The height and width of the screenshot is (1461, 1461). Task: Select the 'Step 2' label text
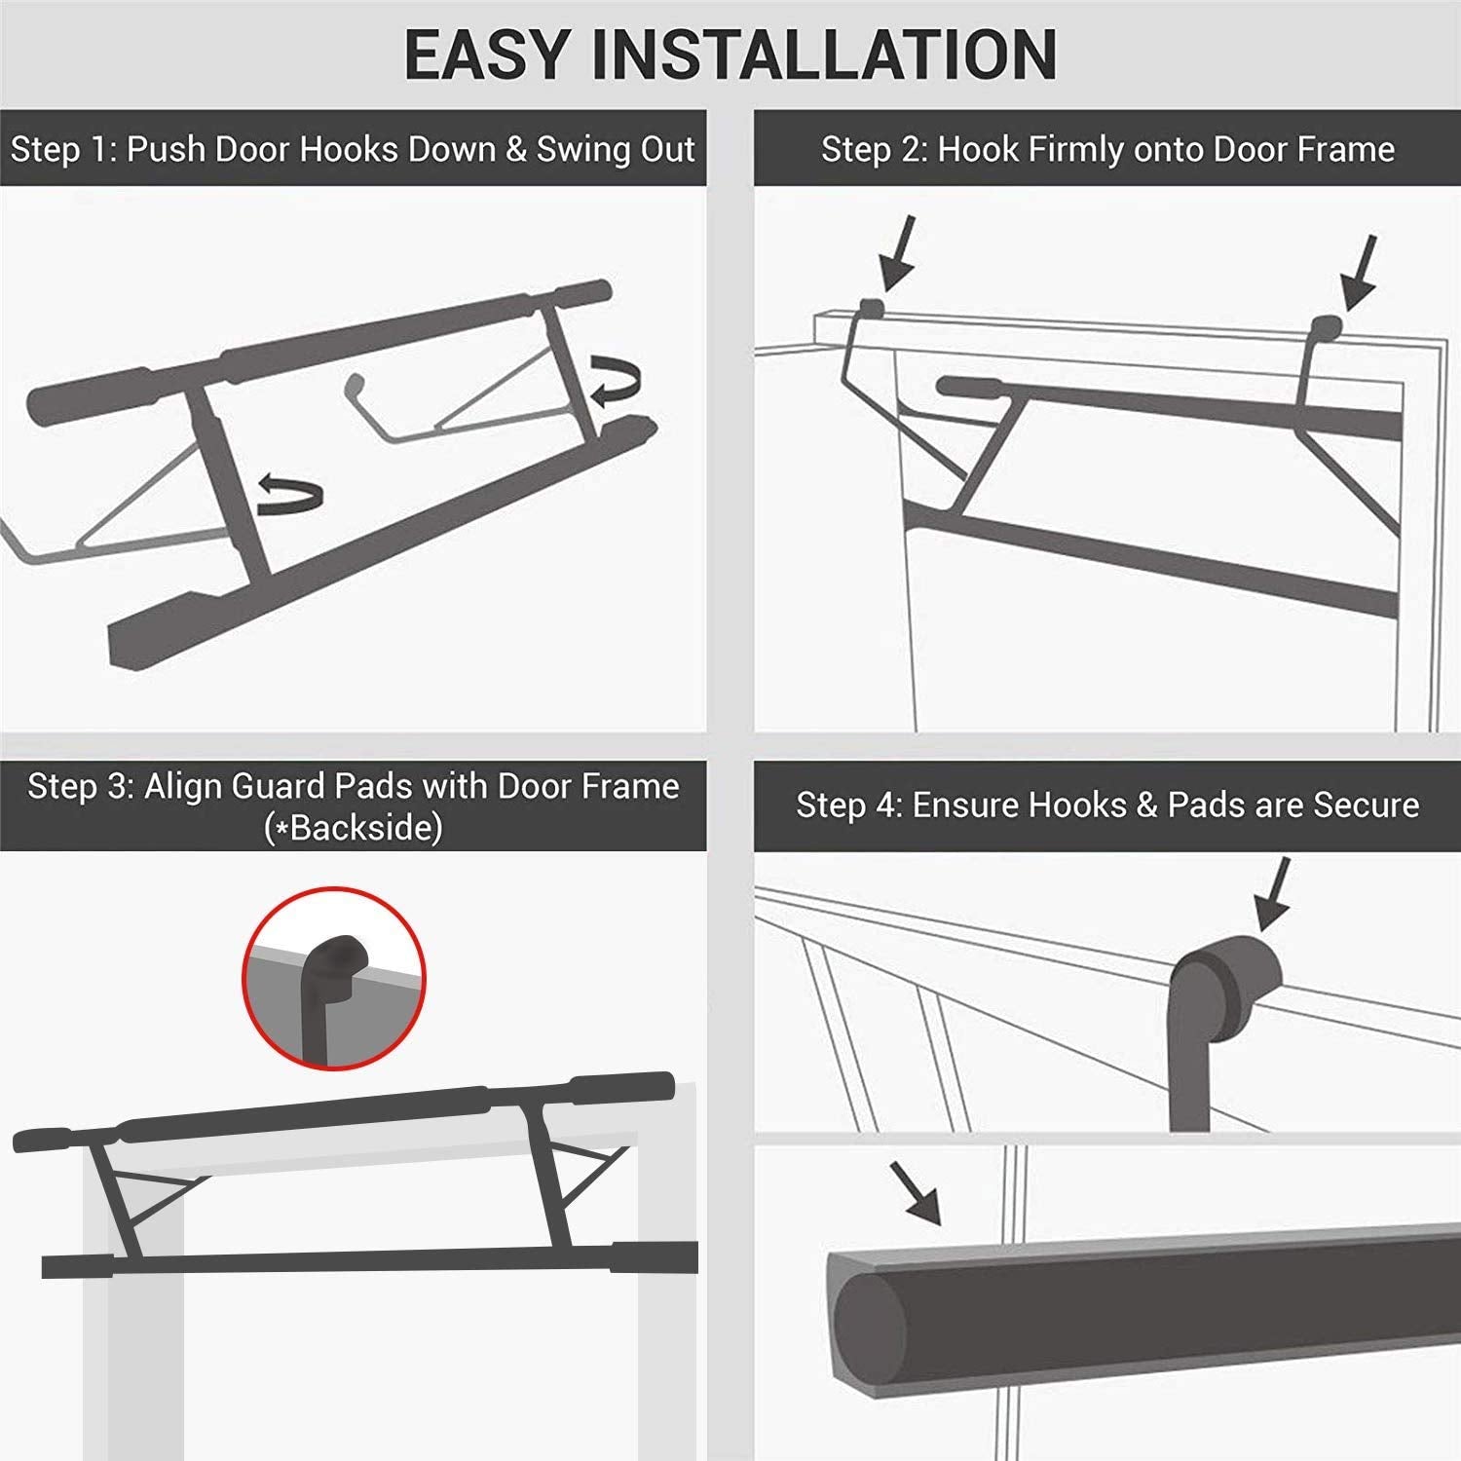pyautogui.click(x=873, y=149)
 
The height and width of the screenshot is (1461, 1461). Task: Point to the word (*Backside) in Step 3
pyautogui.click(x=353, y=828)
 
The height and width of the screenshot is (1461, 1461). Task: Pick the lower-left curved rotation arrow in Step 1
pyautogui.click(x=289, y=495)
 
